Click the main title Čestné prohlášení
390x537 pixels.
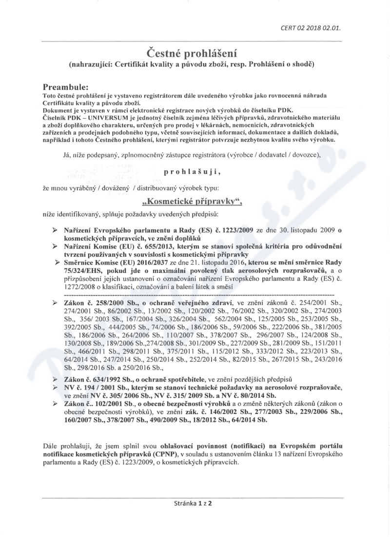click(195, 52)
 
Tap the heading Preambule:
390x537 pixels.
click(65, 87)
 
